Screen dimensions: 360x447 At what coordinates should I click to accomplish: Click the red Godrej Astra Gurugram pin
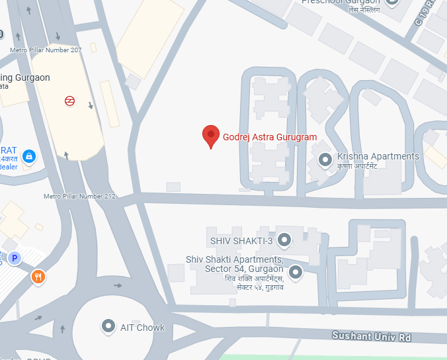tap(210, 136)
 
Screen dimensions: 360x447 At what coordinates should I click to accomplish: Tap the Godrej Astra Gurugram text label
tap(270, 137)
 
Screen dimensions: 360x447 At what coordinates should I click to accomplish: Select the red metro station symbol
tap(69, 101)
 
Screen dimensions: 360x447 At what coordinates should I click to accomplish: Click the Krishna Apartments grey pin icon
tap(325, 159)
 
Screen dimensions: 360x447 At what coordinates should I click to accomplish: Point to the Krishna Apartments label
tap(378, 156)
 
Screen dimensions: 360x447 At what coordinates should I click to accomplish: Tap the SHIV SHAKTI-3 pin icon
tap(284, 239)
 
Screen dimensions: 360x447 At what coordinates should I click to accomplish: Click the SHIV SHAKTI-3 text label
tap(241, 240)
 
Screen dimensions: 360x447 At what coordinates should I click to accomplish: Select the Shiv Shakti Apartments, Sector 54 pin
tap(296, 271)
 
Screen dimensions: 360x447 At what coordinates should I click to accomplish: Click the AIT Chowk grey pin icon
tap(108, 326)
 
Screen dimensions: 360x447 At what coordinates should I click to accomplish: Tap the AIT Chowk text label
tap(142, 328)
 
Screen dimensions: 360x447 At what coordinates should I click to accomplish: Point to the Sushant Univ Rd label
tap(371, 337)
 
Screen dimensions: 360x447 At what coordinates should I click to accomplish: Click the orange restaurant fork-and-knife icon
tap(38, 277)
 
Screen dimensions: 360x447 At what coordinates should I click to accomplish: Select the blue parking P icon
tap(15, 258)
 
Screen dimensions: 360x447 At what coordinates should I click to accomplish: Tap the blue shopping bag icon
tap(28, 156)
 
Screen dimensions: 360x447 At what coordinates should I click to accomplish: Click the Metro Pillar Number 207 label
tap(46, 50)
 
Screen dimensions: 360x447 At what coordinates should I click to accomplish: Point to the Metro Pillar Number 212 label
tap(79, 197)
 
